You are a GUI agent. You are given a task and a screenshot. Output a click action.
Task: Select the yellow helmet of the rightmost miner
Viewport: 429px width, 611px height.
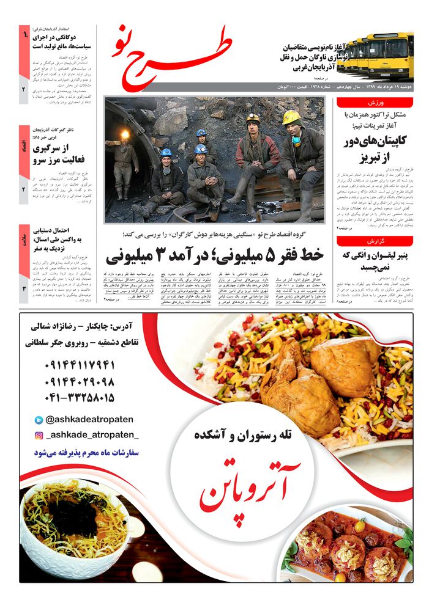coord(292,117)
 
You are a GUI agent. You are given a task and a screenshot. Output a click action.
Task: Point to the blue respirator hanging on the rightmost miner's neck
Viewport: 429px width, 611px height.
coord(296,141)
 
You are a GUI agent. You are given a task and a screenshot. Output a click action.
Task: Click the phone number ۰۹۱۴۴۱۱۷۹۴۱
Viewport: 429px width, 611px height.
coord(80,366)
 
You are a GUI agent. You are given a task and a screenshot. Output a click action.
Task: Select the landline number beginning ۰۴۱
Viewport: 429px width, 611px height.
coord(80,398)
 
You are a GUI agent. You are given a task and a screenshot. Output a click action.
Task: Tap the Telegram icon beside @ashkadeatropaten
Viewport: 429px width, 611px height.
coord(39,420)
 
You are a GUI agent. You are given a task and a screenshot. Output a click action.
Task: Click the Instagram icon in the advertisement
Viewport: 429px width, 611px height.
coord(39,436)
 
